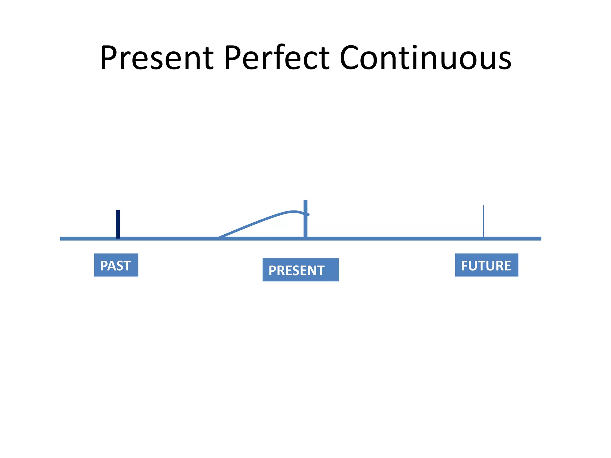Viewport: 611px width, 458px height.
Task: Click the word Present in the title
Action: (x=157, y=58)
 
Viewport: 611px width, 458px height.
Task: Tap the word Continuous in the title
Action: (x=425, y=58)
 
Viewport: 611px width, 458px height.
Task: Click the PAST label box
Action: (x=116, y=265)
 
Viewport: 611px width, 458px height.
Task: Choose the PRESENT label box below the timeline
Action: (x=300, y=270)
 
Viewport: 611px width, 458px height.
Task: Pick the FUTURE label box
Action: (x=486, y=265)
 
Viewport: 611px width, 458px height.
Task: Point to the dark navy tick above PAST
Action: (x=118, y=224)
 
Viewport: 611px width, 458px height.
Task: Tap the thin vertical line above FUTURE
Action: (x=483, y=221)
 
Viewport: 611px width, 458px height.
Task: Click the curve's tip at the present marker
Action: (x=308, y=214)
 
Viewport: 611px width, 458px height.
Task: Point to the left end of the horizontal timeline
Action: (x=61, y=239)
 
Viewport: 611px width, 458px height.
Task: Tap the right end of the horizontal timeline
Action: (x=540, y=239)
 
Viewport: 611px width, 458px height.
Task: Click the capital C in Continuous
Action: (x=349, y=58)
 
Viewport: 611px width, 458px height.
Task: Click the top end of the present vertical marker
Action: (x=305, y=201)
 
